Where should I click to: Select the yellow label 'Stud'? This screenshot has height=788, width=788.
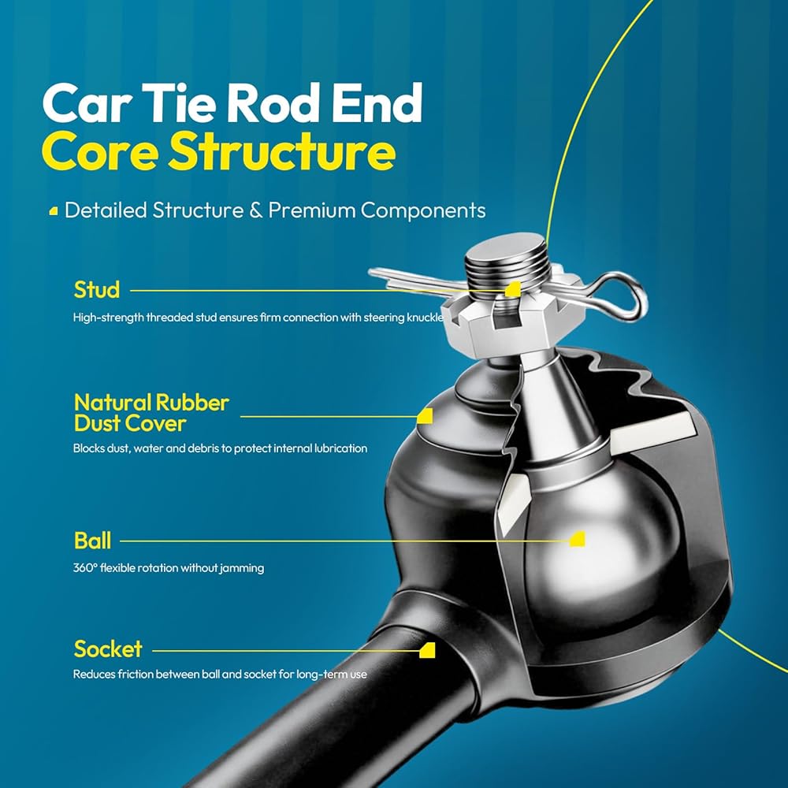(x=97, y=289)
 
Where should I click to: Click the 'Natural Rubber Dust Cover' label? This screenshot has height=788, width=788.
(x=151, y=413)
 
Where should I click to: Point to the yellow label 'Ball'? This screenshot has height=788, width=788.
(x=92, y=541)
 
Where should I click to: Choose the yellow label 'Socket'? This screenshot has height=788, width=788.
(x=108, y=649)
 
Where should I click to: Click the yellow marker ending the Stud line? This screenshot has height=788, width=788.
(x=513, y=289)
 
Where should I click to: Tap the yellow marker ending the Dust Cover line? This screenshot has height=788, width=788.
(x=426, y=416)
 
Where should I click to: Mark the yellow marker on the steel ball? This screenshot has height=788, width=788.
(x=578, y=539)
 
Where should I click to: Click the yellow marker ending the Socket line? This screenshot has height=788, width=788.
(x=427, y=650)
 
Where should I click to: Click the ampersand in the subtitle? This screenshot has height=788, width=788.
(x=256, y=210)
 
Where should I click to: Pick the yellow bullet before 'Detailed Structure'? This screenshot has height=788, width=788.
(x=54, y=211)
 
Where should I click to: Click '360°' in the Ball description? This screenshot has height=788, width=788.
(x=84, y=568)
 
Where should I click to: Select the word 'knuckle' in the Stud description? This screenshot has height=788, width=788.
(x=426, y=317)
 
